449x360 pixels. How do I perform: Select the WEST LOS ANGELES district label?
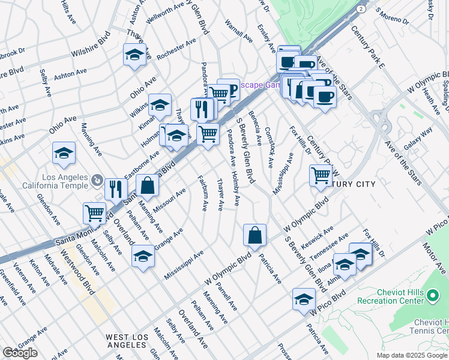point(127,341)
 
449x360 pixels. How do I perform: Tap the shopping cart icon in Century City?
point(321,175)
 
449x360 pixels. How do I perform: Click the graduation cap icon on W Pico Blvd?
point(304,299)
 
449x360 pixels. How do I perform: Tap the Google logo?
point(20,353)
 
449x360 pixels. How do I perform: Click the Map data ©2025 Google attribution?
point(412,355)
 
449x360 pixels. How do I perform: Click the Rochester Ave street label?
point(176,50)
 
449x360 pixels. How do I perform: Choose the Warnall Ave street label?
point(239,32)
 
